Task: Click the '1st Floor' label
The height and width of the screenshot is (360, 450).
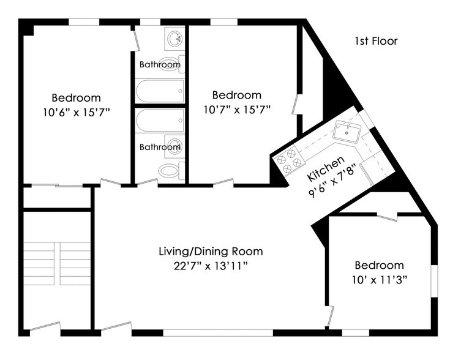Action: tap(376, 42)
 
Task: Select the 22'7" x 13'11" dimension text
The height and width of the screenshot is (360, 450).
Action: tap(211, 265)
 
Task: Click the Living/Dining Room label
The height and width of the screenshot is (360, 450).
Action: tap(211, 251)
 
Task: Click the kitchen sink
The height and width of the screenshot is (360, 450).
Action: tap(348, 130)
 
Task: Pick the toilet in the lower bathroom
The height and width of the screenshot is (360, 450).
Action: tap(170, 170)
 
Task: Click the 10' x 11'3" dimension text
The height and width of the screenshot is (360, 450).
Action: tap(380, 279)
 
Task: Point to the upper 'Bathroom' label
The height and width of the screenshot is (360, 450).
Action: tap(160, 64)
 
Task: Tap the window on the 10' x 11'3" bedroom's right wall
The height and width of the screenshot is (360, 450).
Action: tap(435, 281)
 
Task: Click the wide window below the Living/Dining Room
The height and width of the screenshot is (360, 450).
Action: tap(218, 332)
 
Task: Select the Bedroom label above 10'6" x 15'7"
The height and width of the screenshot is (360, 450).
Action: tap(76, 98)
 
